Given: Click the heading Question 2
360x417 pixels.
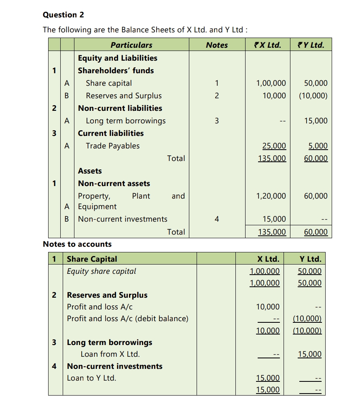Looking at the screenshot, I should (64, 15).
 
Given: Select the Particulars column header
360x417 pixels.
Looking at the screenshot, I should (131, 45).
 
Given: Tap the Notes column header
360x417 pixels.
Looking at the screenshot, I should (217, 45).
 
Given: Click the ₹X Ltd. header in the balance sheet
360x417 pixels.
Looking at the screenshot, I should (266, 45).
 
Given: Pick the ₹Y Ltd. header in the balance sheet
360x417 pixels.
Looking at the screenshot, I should (310, 45).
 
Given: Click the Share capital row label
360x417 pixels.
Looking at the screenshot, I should (108, 83).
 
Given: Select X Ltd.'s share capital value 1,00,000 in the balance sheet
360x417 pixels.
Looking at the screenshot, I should (271, 83).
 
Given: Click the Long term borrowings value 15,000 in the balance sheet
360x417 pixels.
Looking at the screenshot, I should (316, 121).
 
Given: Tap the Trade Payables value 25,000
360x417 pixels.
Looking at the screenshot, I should (274, 146).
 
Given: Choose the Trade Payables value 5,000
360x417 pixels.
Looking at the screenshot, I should (318, 146).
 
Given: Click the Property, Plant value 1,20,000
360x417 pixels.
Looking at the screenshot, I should (271, 196).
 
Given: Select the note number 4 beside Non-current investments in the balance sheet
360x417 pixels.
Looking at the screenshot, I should (217, 219).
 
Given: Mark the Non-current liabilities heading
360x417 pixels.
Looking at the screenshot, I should (120, 108).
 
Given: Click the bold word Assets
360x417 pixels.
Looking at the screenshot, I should (90, 171).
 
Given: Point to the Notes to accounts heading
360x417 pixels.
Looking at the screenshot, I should (77, 244).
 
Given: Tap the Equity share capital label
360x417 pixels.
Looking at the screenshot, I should (102, 271).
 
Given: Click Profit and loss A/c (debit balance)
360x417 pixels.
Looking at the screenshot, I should (127, 318).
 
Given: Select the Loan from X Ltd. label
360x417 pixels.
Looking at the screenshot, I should (110, 354).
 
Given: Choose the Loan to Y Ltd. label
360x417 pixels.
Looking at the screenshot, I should (91, 378).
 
